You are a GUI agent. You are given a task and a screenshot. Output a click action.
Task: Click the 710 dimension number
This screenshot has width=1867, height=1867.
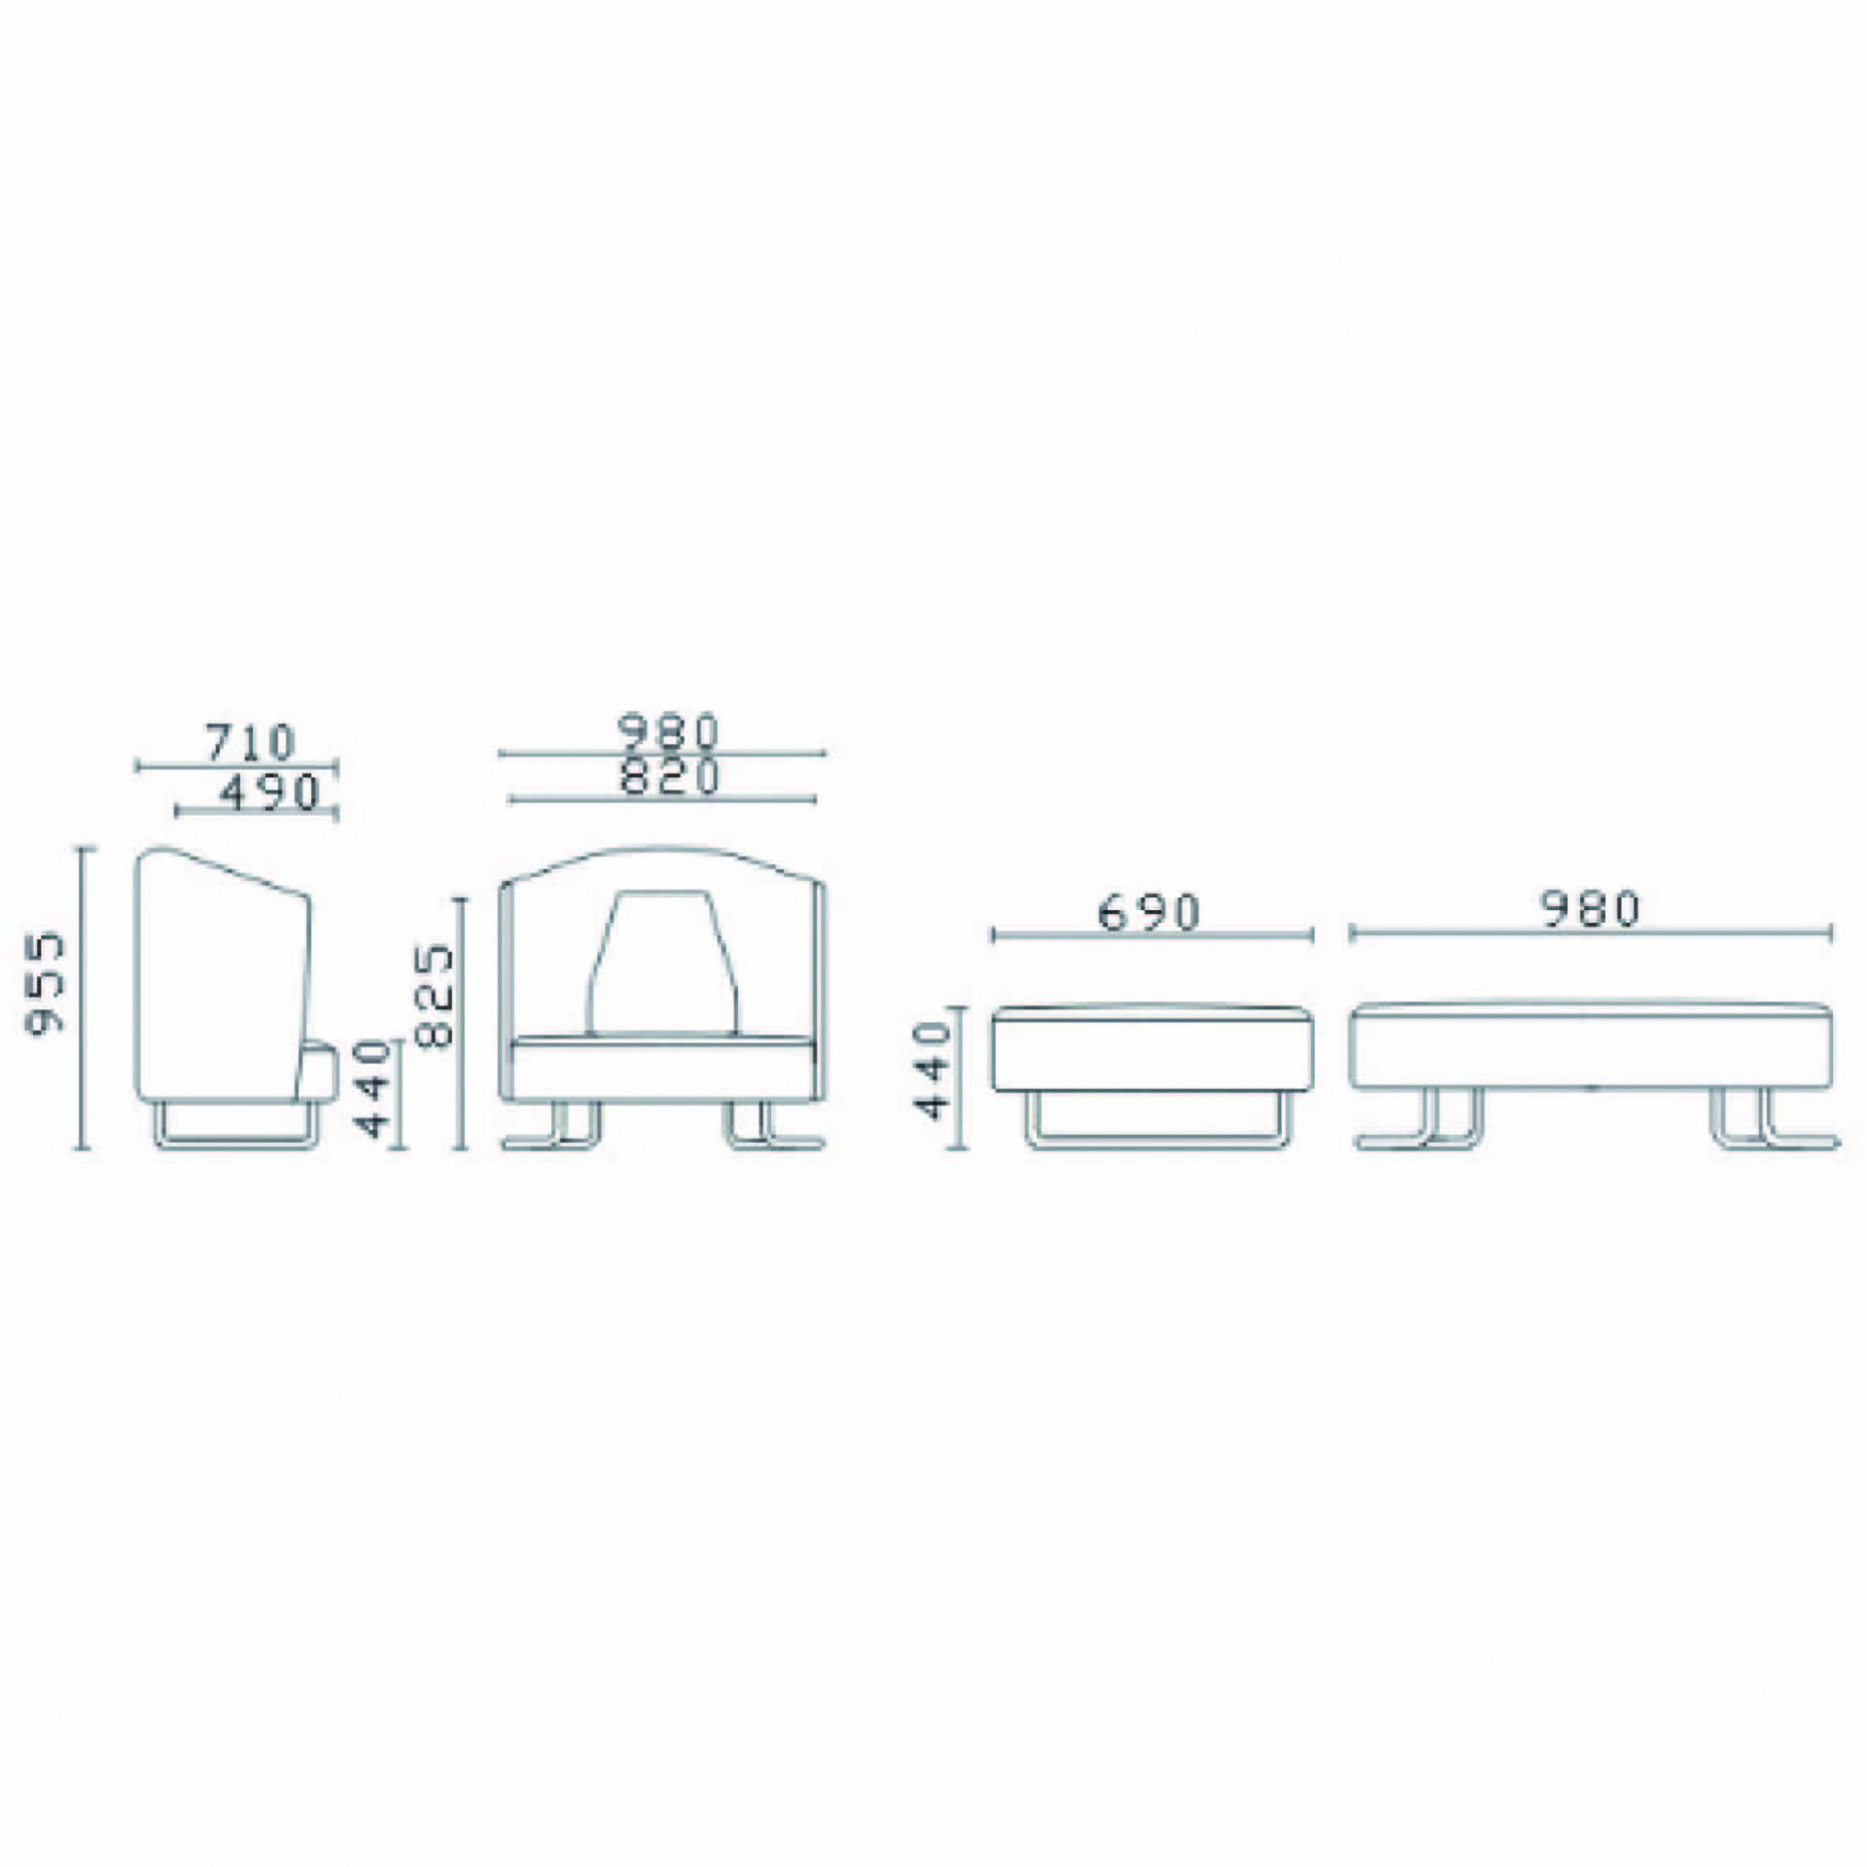click(x=249, y=743)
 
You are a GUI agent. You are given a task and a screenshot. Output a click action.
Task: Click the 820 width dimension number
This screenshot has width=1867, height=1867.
click(x=669, y=777)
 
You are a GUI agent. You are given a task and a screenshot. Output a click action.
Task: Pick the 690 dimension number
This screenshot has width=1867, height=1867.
click(x=1149, y=913)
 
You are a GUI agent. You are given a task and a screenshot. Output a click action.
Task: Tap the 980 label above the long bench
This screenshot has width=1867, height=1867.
click(x=1591, y=908)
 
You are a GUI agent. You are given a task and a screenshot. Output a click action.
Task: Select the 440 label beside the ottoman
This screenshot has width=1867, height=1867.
click(x=933, y=1070)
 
